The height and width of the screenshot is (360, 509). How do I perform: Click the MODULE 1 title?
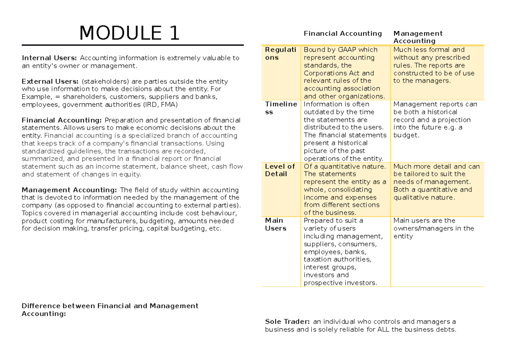(129, 33)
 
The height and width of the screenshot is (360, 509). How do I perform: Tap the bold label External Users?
(50, 81)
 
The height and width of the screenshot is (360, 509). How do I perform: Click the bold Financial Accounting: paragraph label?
(62, 120)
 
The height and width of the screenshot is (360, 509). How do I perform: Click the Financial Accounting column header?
(342, 34)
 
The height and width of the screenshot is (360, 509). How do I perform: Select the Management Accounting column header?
(417, 37)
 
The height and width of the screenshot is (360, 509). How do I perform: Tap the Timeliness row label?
(281, 108)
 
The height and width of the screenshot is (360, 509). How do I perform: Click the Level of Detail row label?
(280, 170)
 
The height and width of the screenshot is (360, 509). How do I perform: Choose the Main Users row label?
(276, 224)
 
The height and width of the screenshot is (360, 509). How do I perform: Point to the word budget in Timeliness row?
(406, 135)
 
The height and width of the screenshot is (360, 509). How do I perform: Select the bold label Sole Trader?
(287, 321)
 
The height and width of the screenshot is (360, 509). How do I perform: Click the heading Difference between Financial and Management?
(110, 306)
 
